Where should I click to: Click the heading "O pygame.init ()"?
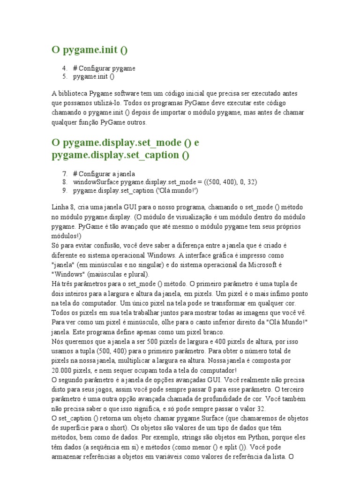coord(89,50)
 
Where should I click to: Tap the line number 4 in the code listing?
coord(65,68)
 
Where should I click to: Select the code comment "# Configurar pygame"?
coord(104,68)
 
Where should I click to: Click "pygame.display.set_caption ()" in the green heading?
coord(120,155)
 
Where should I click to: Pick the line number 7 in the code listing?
coord(65,174)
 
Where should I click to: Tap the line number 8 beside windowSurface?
coord(65,182)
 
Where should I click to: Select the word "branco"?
coord(224,332)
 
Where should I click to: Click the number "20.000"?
coord(63,370)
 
